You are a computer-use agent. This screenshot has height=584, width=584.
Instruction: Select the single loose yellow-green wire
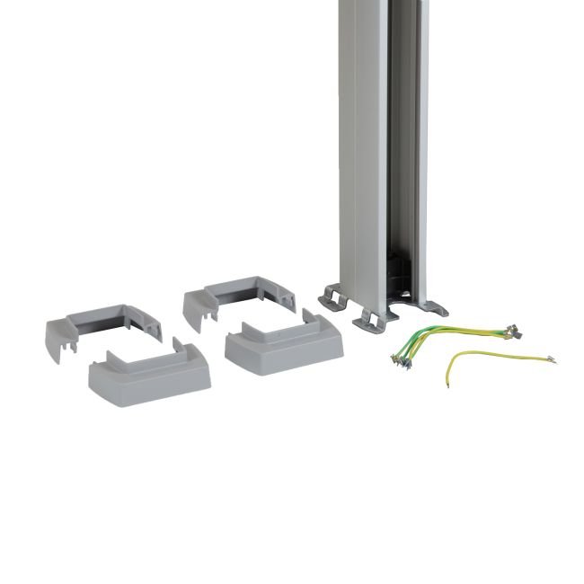(490, 360)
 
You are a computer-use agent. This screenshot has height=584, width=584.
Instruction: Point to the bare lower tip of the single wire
(447, 386)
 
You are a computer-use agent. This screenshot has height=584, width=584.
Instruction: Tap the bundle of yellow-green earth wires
(449, 337)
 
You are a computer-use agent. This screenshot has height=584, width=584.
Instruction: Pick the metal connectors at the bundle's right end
(509, 331)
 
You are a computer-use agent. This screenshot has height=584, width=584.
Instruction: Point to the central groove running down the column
(395, 135)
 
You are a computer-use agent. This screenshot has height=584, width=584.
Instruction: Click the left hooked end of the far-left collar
(56, 346)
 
